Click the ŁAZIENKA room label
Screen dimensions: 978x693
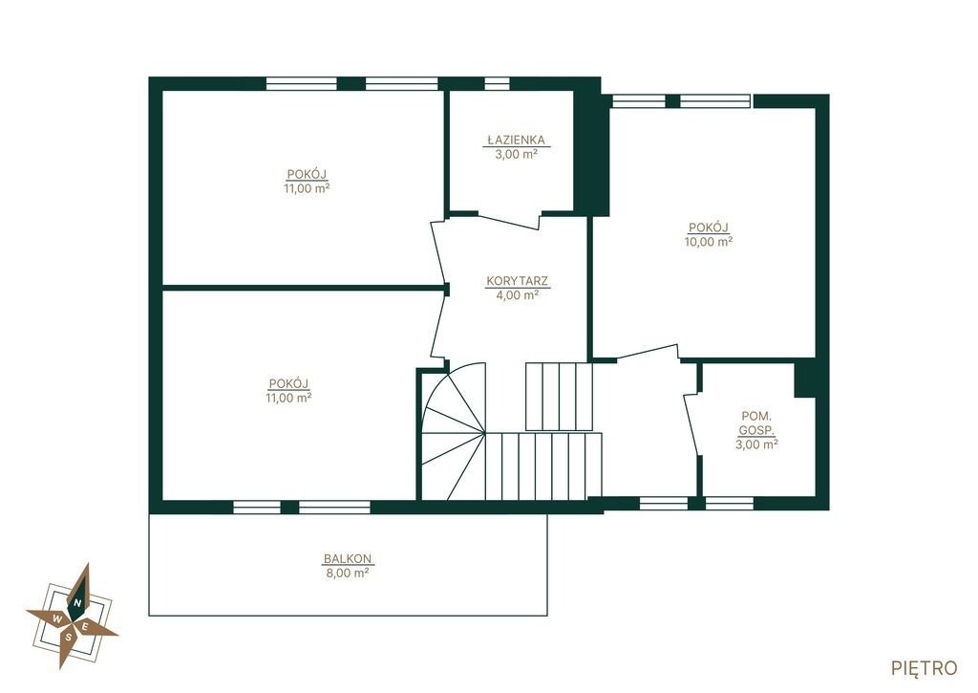point(516,140)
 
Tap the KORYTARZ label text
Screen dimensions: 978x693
point(517,281)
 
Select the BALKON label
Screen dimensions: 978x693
point(348,559)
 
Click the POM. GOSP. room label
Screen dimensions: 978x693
point(756,422)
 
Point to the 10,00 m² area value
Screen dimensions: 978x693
point(709,242)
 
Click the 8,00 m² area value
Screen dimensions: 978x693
point(348,573)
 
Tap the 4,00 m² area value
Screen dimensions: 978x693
point(517,294)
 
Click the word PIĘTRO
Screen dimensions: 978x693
point(925,668)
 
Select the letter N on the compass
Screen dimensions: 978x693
point(77,602)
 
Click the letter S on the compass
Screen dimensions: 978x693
point(68,638)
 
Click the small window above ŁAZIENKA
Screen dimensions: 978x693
point(497,84)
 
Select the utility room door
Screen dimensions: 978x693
point(691,423)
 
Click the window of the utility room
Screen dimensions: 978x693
point(729,503)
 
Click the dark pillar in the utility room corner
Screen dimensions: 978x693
point(805,379)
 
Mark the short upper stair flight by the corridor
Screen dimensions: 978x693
point(559,397)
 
